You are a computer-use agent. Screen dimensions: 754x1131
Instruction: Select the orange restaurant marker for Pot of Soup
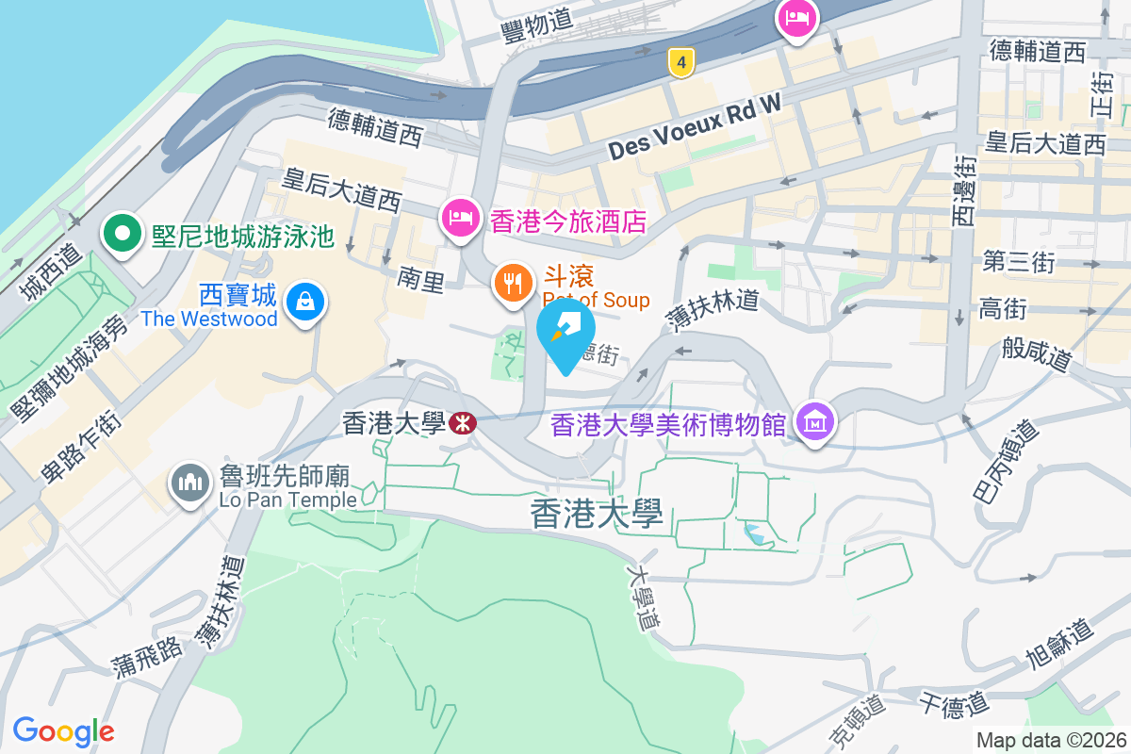(x=513, y=282)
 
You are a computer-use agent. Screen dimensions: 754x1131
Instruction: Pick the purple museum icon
(x=814, y=421)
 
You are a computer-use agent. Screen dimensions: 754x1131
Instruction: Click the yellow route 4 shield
(x=680, y=62)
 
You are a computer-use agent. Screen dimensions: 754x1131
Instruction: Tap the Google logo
(x=63, y=731)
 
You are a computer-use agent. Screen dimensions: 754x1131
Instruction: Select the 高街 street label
(x=1003, y=308)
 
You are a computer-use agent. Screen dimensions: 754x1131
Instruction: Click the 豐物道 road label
(x=538, y=27)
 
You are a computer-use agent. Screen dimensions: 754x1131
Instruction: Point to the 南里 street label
(x=420, y=279)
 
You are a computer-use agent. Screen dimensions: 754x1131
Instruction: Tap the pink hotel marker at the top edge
(x=797, y=18)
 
